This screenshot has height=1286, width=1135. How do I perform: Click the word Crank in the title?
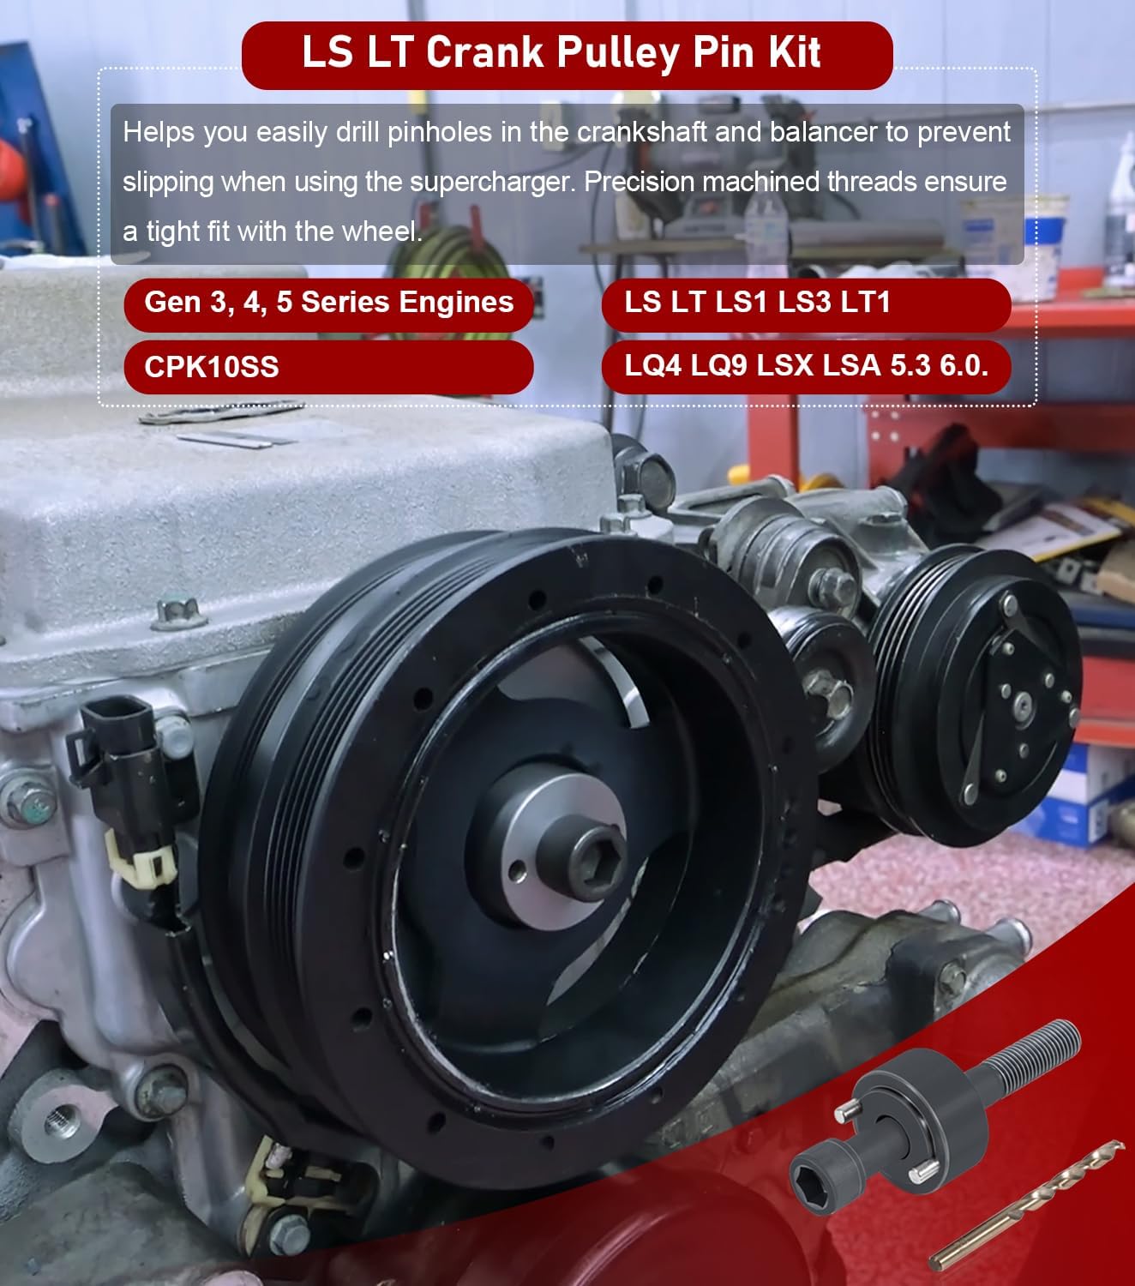485,51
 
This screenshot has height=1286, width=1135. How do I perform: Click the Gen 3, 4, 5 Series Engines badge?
328,303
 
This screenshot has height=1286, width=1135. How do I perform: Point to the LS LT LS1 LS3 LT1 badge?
806,303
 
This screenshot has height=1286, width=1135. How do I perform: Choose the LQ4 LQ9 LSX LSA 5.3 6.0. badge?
806,366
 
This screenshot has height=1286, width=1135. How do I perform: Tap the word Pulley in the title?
617,53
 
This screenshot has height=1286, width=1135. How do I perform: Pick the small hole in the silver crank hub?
518,872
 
